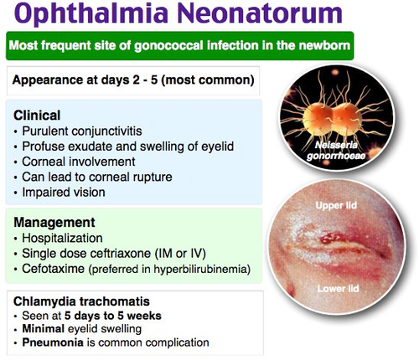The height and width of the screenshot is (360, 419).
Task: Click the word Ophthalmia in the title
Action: tap(91, 14)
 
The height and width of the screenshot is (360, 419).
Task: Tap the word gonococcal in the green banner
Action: tap(168, 46)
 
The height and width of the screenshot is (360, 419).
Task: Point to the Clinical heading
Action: tap(37, 116)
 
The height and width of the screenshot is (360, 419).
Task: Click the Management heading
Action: tap(54, 223)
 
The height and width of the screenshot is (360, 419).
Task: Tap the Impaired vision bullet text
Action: tap(64, 193)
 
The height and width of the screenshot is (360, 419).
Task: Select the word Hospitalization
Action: tap(62, 239)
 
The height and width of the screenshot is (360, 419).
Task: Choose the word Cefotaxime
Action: tap(53, 269)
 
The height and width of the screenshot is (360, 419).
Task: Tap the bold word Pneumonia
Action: tap(53, 342)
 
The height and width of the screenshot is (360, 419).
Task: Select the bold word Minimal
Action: tap(44, 329)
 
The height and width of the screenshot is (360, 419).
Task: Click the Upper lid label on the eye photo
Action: tap(336, 205)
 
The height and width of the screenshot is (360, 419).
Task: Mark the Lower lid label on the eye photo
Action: tap(338, 289)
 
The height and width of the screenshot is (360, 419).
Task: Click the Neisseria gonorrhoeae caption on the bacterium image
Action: tap(336, 150)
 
